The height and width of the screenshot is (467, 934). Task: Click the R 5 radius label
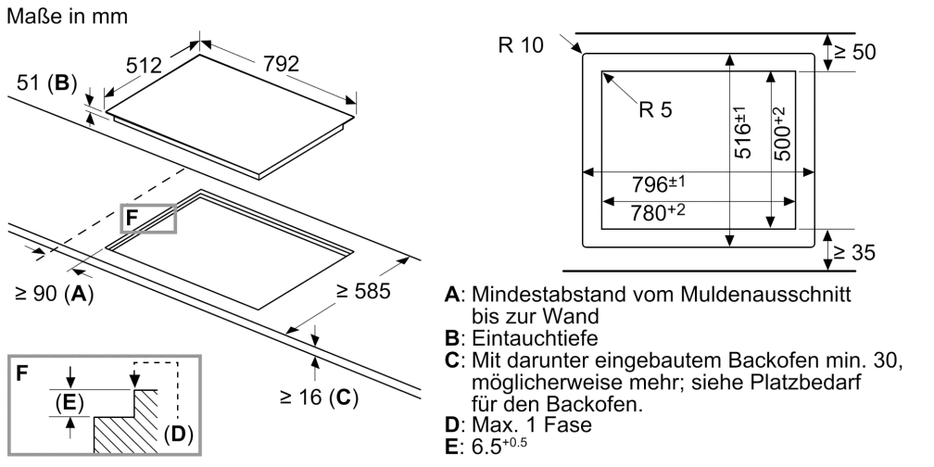pyautogui.click(x=655, y=109)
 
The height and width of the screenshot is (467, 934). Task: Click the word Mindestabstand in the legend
pyautogui.click(x=535, y=295)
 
